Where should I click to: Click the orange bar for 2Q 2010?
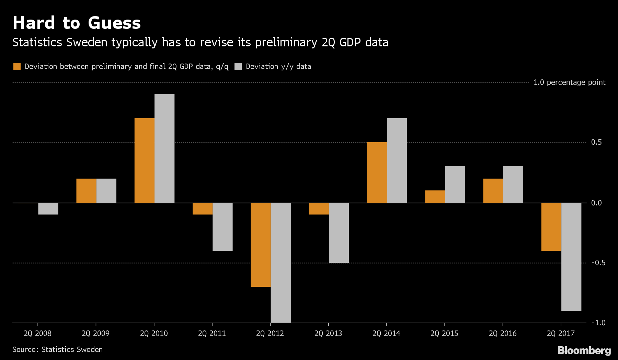click(x=144, y=160)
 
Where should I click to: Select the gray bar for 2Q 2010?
click(x=164, y=148)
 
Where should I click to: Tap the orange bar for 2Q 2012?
click(x=261, y=245)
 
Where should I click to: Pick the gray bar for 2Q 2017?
click(x=571, y=257)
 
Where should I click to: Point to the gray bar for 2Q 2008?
click(x=48, y=209)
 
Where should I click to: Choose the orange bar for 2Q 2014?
click(x=377, y=172)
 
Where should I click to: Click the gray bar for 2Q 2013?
click(x=339, y=233)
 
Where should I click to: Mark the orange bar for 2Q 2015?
click(x=435, y=196)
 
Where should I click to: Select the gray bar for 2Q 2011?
click(x=222, y=227)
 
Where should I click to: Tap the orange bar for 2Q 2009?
click(x=86, y=191)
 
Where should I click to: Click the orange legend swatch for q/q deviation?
click(x=17, y=67)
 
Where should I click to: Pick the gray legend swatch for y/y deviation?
click(x=238, y=67)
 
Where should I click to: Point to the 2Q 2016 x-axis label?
click(x=502, y=334)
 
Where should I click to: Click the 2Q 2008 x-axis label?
click(x=37, y=334)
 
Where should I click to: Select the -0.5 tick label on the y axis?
click(x=598, y=263)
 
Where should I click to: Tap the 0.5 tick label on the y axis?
click(x=596, y=142)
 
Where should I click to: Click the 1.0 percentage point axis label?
click(x=569, y=82)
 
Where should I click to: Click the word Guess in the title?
click(x=114, y=23)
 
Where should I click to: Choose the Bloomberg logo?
click(x=584, y=350)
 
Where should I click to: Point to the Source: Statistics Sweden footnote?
click(x=57, y=350)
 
